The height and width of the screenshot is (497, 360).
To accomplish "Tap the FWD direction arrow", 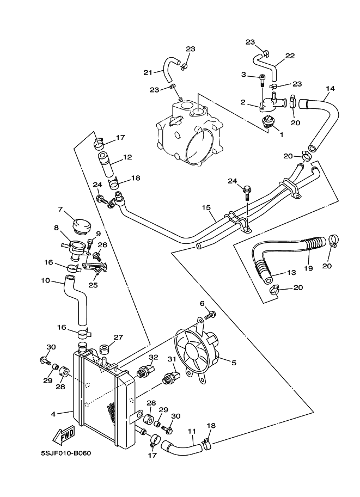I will [x=64, y=434].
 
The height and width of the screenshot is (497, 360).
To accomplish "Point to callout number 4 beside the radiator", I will [x=53, y=414].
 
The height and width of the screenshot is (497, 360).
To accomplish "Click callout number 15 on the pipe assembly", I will [x=206, y=208].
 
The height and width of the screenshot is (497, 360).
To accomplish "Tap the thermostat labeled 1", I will [x=267, y=122].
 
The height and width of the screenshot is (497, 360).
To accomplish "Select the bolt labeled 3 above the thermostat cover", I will [x=262, y=80].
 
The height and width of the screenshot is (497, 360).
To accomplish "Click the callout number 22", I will [x=290, y=56].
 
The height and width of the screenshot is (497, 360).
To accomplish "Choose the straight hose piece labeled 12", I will [x=106, y=165].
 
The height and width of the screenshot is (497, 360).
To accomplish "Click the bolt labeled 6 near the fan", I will [x=210, y=314].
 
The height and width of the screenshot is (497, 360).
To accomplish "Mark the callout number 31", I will [x=172, y=359].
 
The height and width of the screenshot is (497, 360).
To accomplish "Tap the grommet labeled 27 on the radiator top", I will [x=105, y=349].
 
